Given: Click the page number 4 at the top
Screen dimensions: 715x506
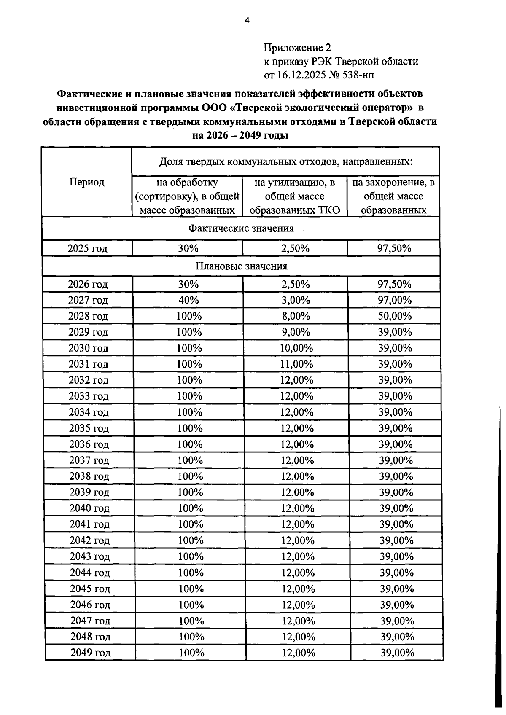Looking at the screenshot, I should click(247, 20).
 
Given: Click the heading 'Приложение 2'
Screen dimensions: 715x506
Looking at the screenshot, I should click(297, 47).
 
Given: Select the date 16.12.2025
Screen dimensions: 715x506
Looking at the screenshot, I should click(300, 75).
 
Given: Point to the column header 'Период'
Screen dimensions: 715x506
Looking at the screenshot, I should click(87, 182).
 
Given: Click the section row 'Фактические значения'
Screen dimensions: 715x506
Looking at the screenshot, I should click(241, 228).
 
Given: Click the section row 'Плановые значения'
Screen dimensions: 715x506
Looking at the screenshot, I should click(241, 266).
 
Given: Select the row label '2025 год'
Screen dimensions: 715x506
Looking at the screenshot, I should click(87, 248).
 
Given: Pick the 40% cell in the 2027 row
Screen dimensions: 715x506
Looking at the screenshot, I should click(188, 300).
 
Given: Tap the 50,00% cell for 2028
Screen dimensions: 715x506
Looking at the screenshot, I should click(394, 316).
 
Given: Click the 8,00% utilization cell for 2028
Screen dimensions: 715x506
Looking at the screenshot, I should click(296, 316).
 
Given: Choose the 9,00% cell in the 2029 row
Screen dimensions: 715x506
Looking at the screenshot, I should click(296, 332).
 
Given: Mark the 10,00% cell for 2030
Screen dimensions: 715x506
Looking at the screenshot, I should click(296, 348).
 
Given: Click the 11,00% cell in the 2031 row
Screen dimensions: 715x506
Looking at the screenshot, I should click(296, 364).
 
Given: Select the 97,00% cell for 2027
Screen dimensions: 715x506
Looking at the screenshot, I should click(394, 300).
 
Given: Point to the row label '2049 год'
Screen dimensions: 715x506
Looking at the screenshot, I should click(91, 653).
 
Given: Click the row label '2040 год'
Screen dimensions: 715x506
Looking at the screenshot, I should click(89, 508).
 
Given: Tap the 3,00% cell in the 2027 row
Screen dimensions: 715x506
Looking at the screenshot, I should click(296, 300).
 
